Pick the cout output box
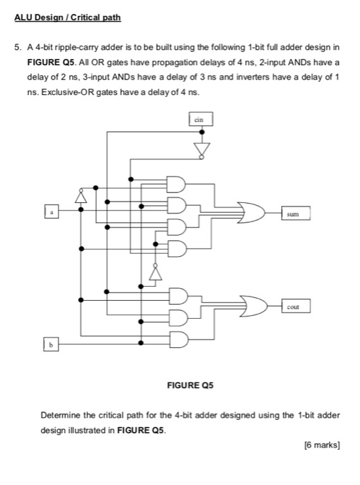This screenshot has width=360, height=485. click(294, 305)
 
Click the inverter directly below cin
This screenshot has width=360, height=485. click(201, 149)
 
